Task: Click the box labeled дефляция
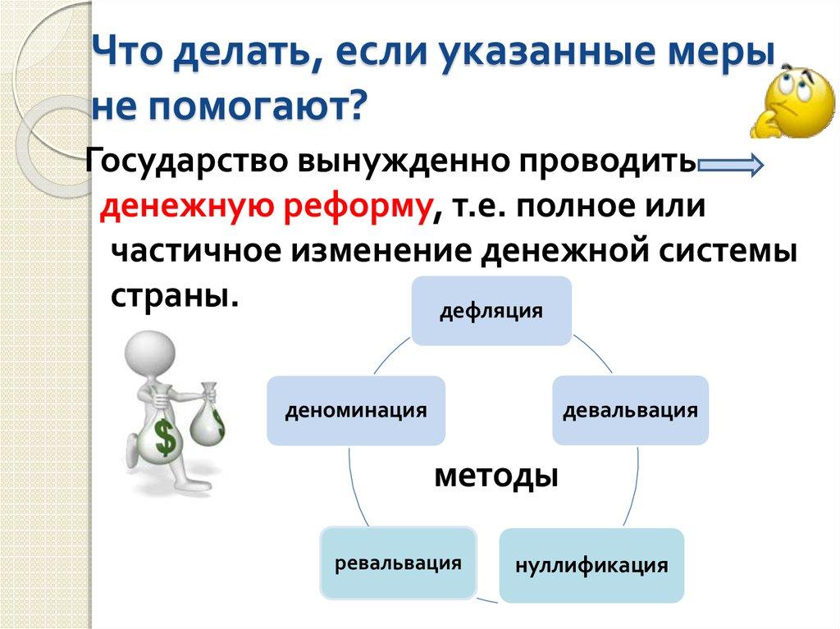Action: [491, 311]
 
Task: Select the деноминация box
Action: [356, 410]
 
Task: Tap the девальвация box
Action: [630, 410]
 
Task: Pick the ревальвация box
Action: [399, 563]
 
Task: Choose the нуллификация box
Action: [591, 566]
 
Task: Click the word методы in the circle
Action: [495, 475]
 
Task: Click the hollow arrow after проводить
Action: [731, 166]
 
